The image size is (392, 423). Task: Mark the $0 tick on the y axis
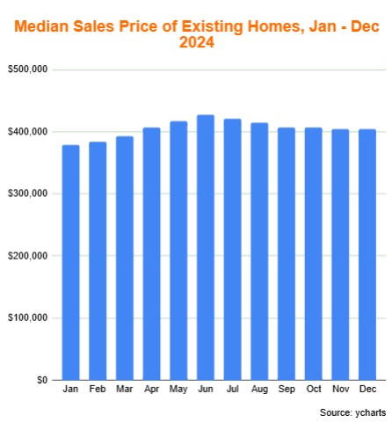[41, 380]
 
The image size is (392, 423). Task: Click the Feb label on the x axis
[97, 389]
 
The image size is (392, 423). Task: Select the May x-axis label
[178, 389]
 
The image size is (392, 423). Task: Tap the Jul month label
[232, 389]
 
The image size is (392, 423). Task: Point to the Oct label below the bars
[313, 389]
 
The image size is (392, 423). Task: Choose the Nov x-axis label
[340, 389]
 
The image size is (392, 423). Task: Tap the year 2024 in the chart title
[197, 42]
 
